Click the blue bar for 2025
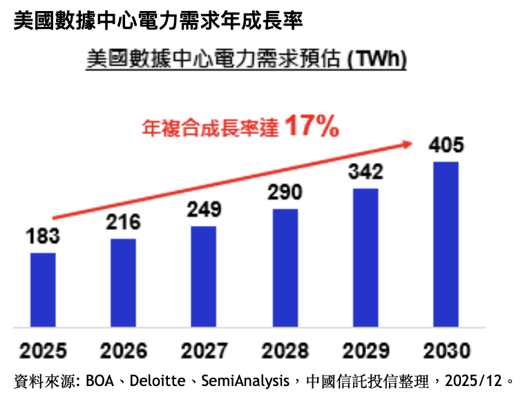(x=44, y=290)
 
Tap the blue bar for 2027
(x=204, y=276)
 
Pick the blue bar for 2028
(x=285, y=268)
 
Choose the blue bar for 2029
(x=366, y=258)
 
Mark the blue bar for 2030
(x=446, y=244)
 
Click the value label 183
(x=44, y=236)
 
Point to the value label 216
(x=124, y=222)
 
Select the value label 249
(x=204, y=209)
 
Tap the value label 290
(x=285, y=193)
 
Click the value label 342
(x=366, y=172)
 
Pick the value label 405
(x=446, y=146)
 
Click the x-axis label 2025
(x=44, y=350)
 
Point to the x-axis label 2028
(x=285, y=350)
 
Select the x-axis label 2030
(x=446, y=350)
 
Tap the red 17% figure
(x=311, y=126)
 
